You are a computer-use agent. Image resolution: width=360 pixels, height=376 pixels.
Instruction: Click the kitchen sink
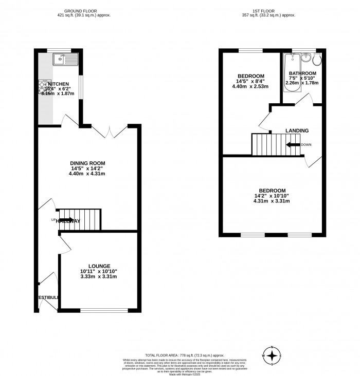point(67,60)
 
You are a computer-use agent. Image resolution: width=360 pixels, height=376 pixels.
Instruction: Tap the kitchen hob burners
point(43,88)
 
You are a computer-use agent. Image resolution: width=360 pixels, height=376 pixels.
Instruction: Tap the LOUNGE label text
point(98,266)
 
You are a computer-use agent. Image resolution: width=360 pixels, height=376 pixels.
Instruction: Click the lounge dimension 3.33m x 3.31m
point(98,277)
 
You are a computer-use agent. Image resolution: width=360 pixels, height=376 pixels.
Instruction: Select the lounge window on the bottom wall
point(104,310)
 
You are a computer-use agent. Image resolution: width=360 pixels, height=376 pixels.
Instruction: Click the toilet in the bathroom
point(318,60)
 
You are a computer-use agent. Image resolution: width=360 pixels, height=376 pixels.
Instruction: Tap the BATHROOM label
point(303,73)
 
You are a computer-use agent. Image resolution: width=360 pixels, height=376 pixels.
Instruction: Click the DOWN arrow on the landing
point(294,145)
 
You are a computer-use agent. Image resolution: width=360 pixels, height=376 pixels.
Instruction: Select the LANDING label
point(297,130)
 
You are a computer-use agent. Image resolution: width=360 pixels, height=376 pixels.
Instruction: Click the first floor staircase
point(267,144)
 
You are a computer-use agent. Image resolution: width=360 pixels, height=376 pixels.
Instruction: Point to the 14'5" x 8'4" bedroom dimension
point(250,81)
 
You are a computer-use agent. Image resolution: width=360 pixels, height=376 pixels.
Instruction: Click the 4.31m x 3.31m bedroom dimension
point(272,201)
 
